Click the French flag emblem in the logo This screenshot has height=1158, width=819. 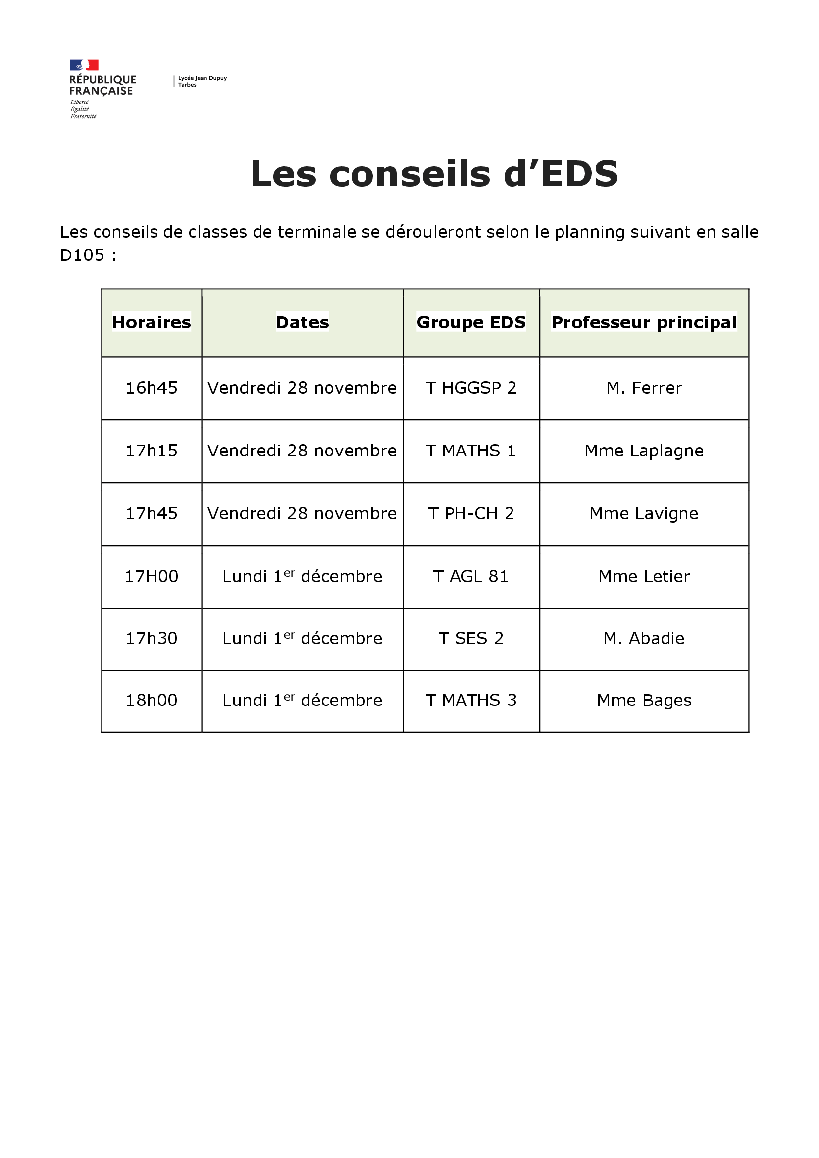84,65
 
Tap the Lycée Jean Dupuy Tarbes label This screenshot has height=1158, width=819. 202,81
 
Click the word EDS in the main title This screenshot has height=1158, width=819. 579,174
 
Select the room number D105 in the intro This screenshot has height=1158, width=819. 82,255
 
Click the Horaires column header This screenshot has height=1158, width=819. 152,322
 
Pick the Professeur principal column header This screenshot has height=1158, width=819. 644,322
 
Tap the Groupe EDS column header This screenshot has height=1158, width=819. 471,322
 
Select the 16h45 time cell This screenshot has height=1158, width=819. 152,388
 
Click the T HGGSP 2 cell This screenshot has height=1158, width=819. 471,388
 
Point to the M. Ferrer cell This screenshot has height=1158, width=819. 644,388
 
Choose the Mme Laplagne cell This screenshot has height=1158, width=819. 644,451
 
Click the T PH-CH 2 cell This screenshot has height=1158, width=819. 471,513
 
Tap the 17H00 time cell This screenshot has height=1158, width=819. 152,576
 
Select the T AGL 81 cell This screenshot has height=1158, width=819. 471,576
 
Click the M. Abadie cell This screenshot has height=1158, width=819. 644,639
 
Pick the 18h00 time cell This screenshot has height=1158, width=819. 152,701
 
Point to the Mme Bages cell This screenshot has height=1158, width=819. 644,701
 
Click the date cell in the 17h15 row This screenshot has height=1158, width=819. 302,451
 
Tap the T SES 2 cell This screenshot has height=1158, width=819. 471,639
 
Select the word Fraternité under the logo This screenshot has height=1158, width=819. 83,116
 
